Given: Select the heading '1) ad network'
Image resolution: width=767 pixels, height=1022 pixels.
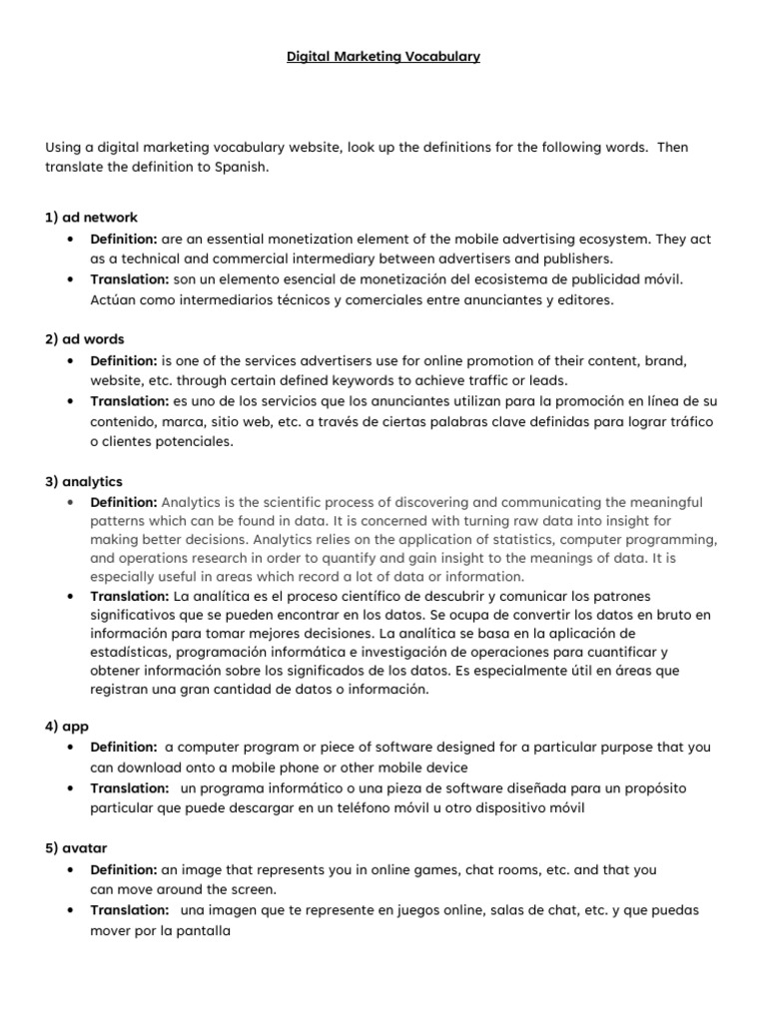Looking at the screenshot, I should click(x=91, y=217).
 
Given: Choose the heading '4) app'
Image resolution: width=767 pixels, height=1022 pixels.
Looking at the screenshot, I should click(x=67, y=727).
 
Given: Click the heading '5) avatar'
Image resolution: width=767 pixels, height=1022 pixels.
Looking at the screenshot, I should click(x=76, y=848).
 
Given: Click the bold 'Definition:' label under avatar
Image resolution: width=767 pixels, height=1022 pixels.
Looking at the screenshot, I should click(x=124, y=870).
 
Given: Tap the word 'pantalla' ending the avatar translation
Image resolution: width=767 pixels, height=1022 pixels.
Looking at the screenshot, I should click(x=204, y=930).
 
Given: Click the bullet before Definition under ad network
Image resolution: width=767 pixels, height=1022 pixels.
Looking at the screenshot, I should click(x=69, y=240).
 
